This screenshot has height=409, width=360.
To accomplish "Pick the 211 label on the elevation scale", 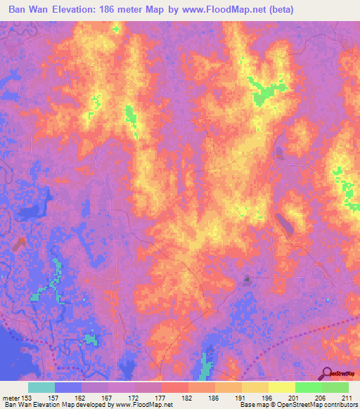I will point(347,397).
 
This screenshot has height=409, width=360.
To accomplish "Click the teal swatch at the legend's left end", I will point(41,387).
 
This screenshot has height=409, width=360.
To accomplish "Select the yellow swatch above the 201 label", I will point(281,387).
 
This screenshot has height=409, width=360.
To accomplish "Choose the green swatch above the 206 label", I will point(308,387).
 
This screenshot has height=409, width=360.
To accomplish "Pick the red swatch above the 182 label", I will point(175,387).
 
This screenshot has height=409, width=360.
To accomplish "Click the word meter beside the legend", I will point(11,397).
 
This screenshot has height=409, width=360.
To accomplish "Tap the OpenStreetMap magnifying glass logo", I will point(327,374).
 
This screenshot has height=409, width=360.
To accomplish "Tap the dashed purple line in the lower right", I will point(309,337).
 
